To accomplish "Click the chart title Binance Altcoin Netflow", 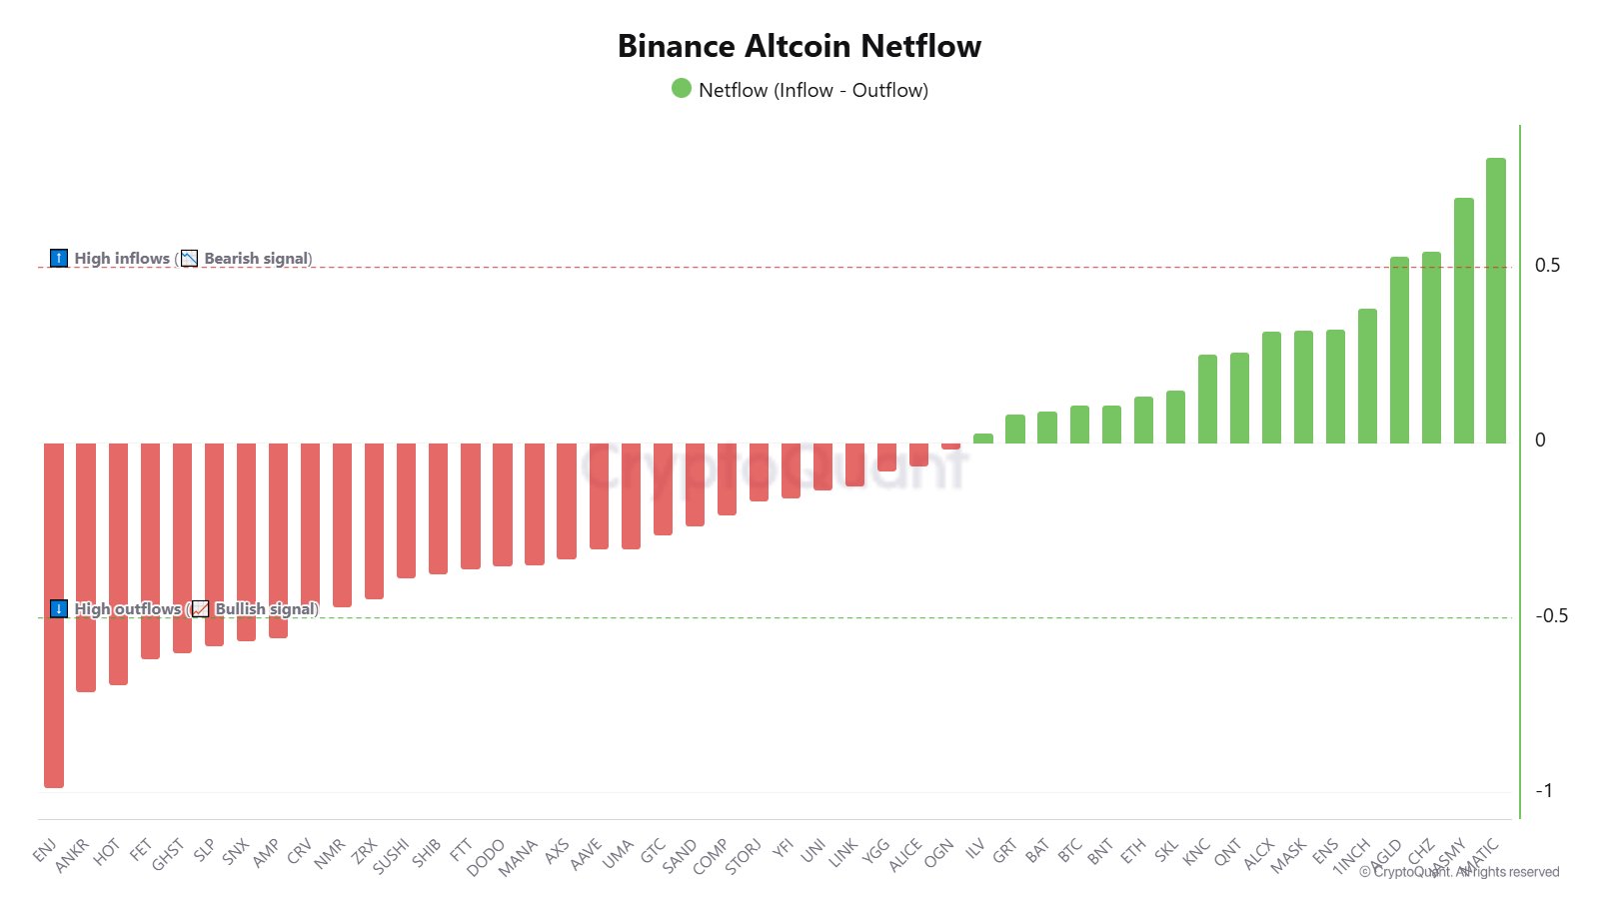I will pos(799,46).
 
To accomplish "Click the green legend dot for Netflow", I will pos(682,89).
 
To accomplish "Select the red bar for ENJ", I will pos(54,614).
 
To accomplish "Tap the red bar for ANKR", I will pos(86,566).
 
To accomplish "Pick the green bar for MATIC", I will pos(1496,300).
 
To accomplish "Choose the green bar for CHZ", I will pos(1432,347).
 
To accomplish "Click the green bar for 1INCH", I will pos(1368,376).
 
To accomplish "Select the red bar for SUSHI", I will pos(407,509).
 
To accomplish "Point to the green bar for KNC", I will pos(1207,399).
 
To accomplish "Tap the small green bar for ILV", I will pos(983,439).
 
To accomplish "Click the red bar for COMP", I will pos(727,478).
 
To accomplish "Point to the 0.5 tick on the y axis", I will pos(1547,266).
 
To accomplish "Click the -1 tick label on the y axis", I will pos(1544,791).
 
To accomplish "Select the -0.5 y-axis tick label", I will pos(1551,616).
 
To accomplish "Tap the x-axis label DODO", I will pos(487,856).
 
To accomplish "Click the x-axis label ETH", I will pos(1132,851).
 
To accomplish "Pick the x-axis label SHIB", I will pos(427,852).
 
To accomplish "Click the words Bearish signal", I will pos(256,259).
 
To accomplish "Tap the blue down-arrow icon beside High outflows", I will pos(59,609).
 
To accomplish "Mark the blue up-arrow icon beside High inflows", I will pos(59,259).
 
